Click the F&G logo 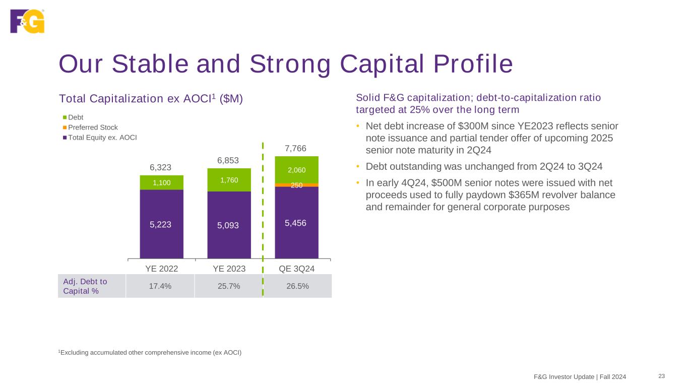tap(27, 21)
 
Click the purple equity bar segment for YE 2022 tap(161, 224)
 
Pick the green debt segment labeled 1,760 tap(229, 180)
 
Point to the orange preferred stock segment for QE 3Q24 tap(296, 185)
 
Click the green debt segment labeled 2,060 tap(296, 170)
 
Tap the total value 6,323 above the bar tap(161, 166)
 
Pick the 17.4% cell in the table tap(160, 286)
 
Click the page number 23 tap(661, 376)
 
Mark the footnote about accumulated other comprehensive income tap(150, 352)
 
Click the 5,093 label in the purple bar tap(229, 226)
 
